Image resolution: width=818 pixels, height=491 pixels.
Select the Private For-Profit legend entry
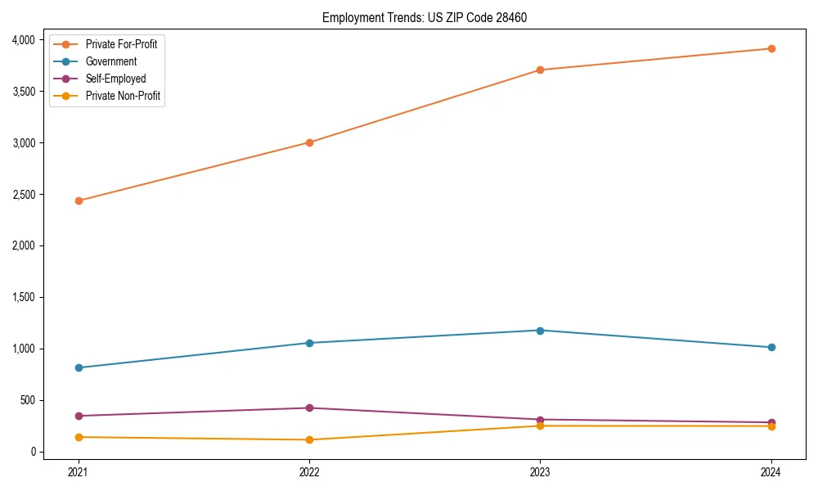click(121, 44)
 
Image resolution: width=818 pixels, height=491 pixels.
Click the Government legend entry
click(110, 61)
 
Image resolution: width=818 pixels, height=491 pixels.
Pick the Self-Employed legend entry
click(115, 79)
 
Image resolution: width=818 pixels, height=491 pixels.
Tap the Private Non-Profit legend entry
click(123, 96)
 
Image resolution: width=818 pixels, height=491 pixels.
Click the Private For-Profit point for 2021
click(79, 200)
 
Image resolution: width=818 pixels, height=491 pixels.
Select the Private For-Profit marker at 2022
click(309, 142)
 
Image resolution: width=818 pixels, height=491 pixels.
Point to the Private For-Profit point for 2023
click(540, 70)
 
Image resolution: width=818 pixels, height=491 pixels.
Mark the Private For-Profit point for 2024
click(771, 48)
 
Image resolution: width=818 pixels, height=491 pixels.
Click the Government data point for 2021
click(79, 367)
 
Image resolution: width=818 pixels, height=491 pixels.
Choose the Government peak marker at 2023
click(540, 331)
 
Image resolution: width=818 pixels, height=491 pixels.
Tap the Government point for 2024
click(771, 347)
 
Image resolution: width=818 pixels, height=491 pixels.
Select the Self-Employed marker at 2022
click(309, 408)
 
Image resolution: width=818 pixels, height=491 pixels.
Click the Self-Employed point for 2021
click(79, 416)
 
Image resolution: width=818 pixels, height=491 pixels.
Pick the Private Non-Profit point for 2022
click(309, 439)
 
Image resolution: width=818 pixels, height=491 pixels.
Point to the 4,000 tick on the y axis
click(22, 40)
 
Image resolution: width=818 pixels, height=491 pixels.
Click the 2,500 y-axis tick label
click(22, 195)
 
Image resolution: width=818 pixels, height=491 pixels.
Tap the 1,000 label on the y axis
click(22, 349)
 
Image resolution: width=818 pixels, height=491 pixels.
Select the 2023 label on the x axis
click(540, 471)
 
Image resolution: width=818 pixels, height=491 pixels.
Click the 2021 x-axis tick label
click(79, 471)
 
